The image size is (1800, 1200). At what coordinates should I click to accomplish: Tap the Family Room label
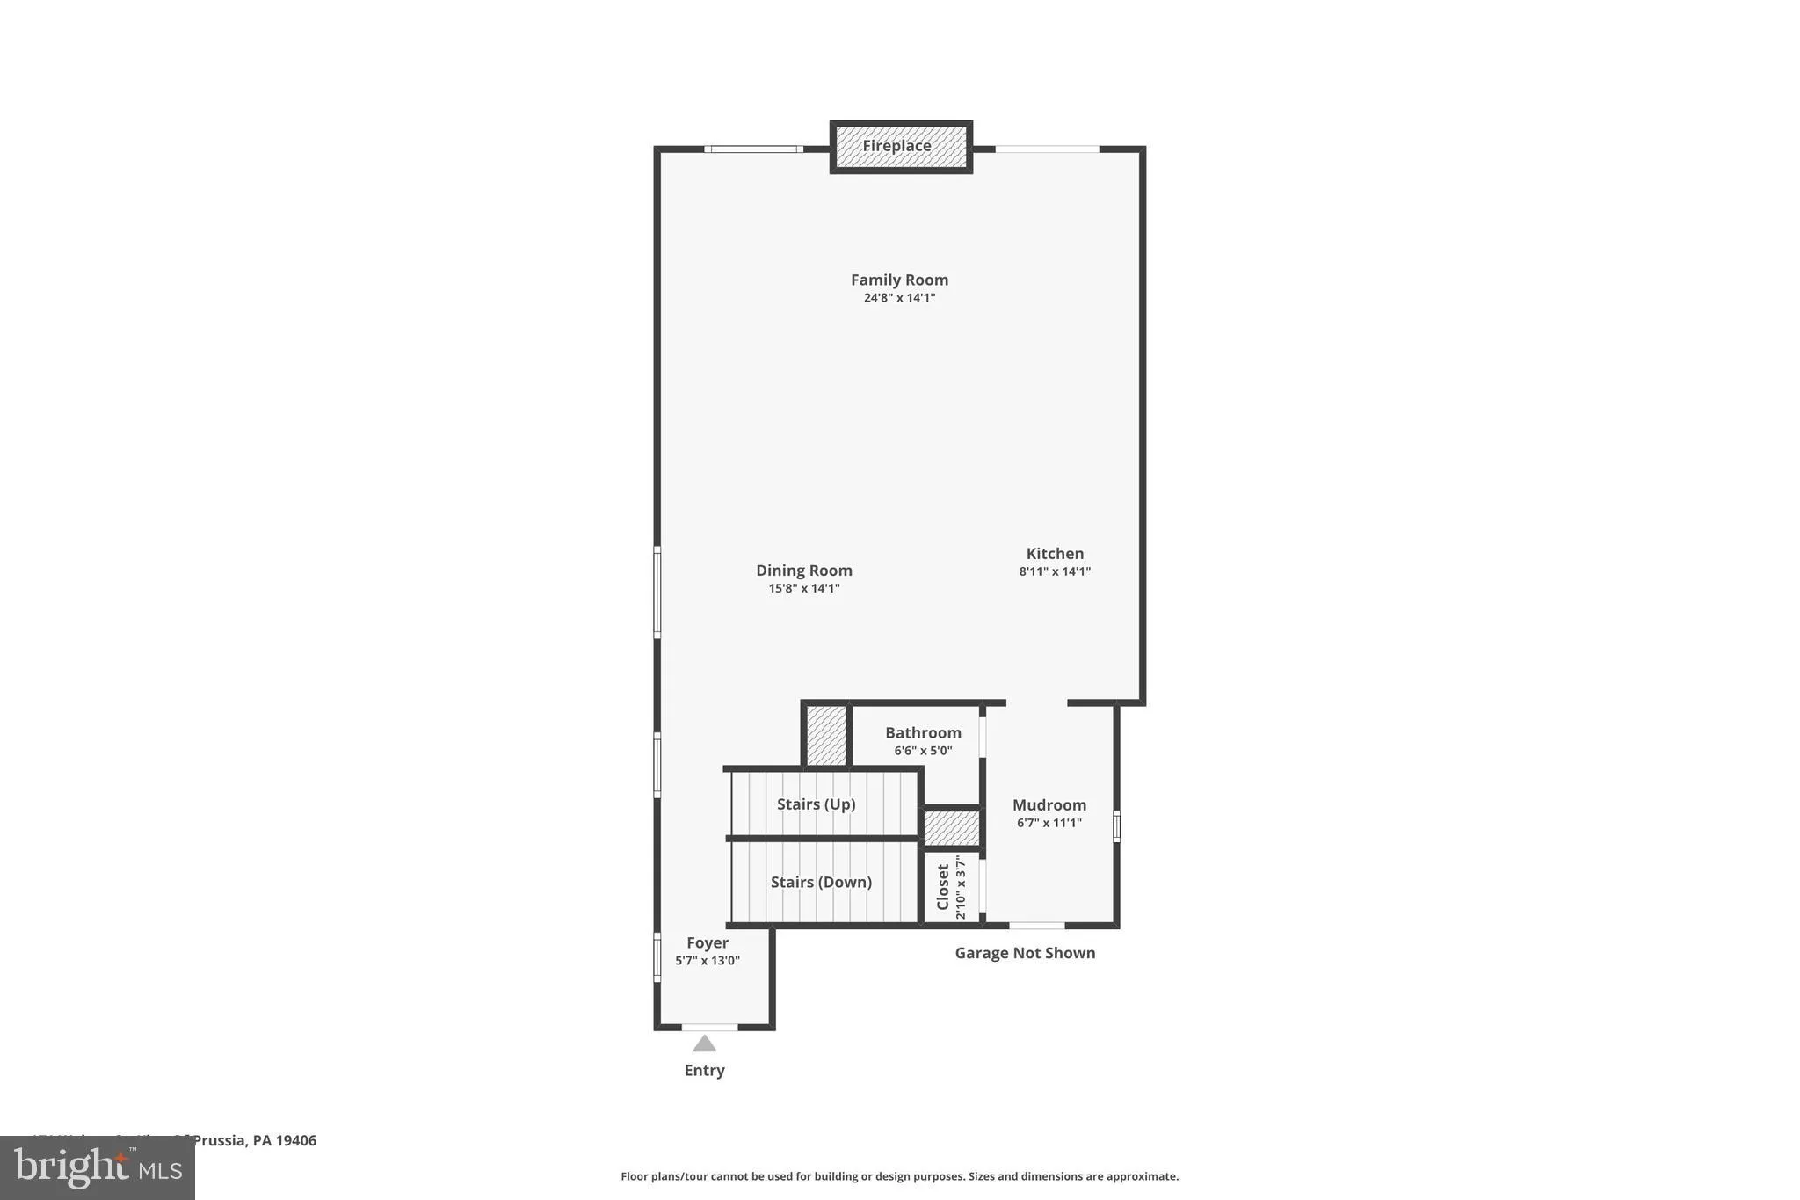point(899,280)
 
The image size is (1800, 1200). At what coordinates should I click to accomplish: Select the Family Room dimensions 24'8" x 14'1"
point(899,298)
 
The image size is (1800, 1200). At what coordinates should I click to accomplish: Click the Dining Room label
point(804,570)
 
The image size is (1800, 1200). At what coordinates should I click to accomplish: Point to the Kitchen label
point(1055,553)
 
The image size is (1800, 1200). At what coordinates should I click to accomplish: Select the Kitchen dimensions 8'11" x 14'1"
point(1055,571)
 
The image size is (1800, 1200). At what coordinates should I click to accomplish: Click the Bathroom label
point(923,732)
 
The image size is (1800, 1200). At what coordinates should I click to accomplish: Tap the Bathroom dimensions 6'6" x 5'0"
point(923,751)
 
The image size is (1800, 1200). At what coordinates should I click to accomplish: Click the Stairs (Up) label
point(816,804)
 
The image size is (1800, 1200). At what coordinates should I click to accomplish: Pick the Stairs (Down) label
point(821,882)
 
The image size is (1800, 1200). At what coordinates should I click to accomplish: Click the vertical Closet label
point(943,886)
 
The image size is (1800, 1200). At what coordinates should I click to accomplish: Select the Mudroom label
point(1049,804)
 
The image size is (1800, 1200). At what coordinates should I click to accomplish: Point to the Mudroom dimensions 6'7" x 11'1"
point(1049,823)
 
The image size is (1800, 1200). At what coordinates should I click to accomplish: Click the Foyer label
point(708,942)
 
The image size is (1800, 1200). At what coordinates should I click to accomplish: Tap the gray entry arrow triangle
point(704,1044)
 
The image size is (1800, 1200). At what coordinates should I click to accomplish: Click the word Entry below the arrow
point(704,1070)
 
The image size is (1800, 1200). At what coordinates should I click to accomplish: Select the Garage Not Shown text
point(1025,953)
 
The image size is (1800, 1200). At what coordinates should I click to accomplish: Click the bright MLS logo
point(97,1167)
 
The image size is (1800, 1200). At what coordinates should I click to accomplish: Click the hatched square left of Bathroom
point(826,735)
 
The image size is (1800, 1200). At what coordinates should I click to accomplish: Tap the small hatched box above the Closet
point(951,828)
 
